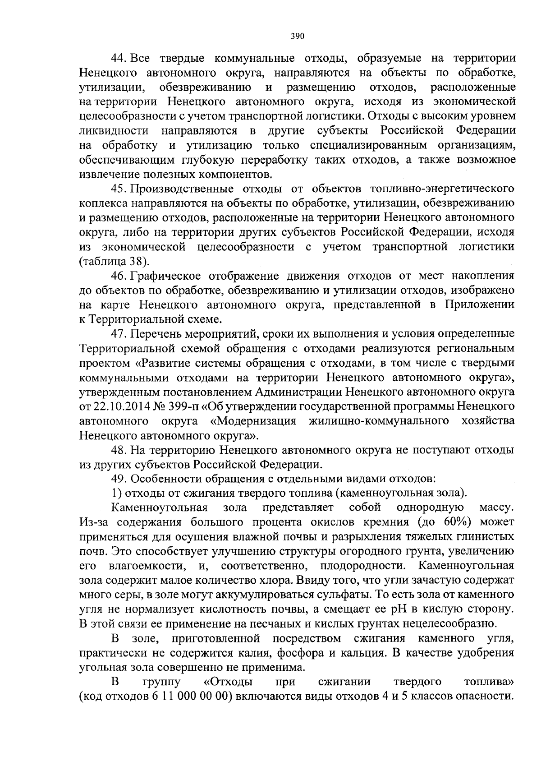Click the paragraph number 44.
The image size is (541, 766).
[120, 58]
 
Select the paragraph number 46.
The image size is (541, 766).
[120, 276]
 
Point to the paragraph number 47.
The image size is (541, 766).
[120, 334]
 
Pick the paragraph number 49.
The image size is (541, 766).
[120, 479]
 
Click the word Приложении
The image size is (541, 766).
[479, 305]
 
